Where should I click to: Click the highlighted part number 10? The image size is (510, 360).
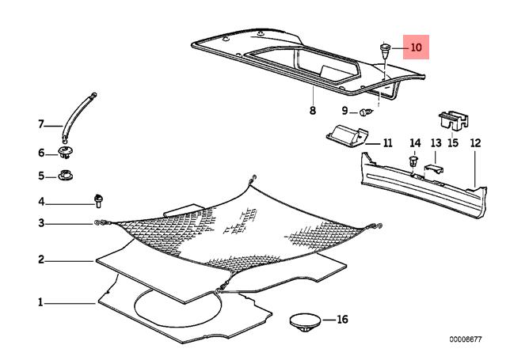coord(417,47)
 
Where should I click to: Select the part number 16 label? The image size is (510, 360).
coord(342,320)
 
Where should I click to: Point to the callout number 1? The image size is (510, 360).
coord(40,301)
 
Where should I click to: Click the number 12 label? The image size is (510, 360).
coord(475,143)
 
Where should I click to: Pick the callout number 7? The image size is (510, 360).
coord(40,124)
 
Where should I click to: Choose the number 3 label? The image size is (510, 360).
coord(40,224)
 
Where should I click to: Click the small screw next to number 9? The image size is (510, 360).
coord(366,112)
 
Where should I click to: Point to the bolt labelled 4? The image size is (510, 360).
coord(99,198)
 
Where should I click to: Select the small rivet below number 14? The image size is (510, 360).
coord(413,163)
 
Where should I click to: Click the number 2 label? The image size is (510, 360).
coord(40,259)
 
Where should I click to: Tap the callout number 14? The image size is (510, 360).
coord(414,143)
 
